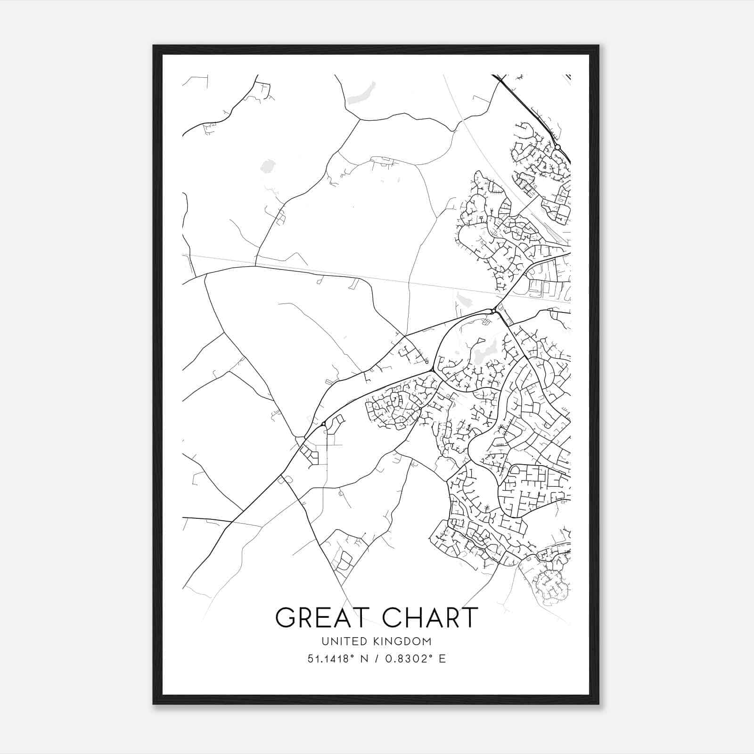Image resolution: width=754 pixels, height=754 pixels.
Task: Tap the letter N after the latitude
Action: tap(364, 659)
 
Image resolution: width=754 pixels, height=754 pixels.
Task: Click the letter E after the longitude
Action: tap(442, 659)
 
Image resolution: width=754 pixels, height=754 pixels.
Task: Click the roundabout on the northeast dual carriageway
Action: tap(557, 148)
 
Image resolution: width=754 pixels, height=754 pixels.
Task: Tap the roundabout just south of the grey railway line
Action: tap(493, 311)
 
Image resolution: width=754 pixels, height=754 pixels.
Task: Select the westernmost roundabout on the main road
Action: tap(323, 425)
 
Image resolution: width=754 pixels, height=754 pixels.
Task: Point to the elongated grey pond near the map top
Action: tap(361, 94)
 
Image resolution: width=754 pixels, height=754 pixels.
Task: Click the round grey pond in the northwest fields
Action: tap(268, 166)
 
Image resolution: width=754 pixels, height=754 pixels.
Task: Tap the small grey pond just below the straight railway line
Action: tap(462, 300)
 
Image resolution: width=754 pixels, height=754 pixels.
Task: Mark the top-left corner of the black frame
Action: tap(154, 46)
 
